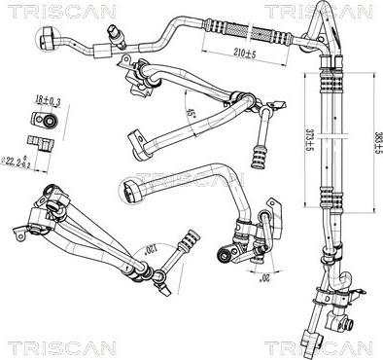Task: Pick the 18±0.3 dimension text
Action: [x=47, y=100]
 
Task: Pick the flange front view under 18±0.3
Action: [x=44, y=122]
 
